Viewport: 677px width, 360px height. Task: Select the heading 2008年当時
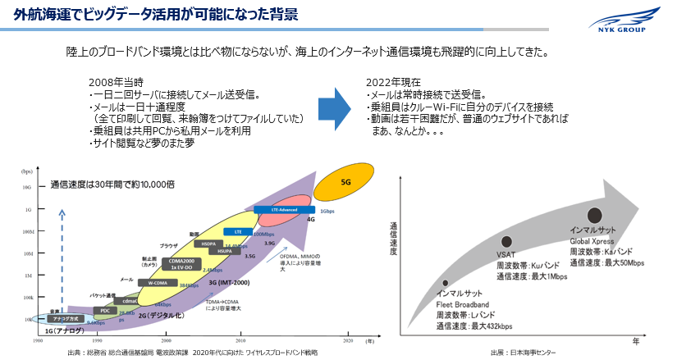116,83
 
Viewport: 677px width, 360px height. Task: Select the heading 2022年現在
392,83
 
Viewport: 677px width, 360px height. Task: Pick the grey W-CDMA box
158,283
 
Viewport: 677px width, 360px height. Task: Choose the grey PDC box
105,311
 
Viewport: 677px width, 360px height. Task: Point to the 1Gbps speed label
327,212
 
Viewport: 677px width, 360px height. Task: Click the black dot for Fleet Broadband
444,282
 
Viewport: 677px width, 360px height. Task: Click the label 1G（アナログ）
67,330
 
